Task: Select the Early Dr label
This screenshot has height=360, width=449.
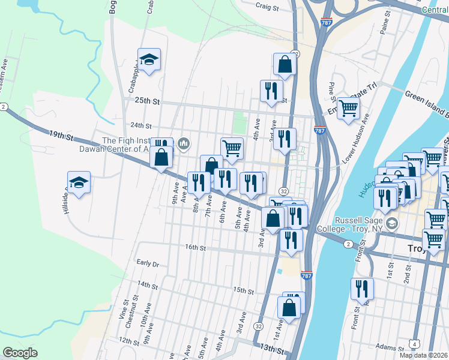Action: pyautogui.click(x=147, y=263)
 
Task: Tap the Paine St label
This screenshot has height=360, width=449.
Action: pyautogui.click(x=385, y=28)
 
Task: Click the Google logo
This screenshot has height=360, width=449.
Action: pyautogui.click(x=20, y=353)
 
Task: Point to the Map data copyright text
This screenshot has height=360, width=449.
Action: pyautogui.click(x=424, y=355)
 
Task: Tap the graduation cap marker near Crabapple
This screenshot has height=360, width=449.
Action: pyautogui.click(x=149, y=59)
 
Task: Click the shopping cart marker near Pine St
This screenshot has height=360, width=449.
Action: pyautogui.click(x=348, y=109)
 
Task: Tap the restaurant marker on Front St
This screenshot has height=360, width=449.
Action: pyautogui.click(x=362, y=289)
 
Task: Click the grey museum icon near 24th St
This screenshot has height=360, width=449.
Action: pyautogui.click(x=184, y=143)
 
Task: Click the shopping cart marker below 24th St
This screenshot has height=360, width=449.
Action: pyautogui.click(x=232, y=148)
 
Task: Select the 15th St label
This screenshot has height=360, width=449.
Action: pyautogui.click(x=243, y=290)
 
